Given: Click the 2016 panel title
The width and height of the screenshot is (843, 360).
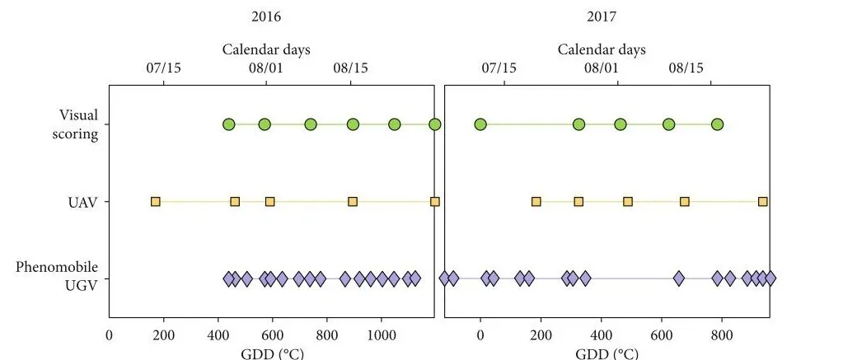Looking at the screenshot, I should [266, 16].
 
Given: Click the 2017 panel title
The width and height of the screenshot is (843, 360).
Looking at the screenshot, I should [602, 16].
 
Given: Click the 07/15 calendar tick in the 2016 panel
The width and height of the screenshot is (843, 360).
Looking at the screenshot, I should [163, 68].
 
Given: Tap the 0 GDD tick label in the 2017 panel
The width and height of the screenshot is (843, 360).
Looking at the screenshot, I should [480, 336].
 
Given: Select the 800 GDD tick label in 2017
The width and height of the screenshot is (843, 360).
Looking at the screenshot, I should [722, 336].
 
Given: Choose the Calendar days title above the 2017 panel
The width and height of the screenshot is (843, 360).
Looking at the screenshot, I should [602, 49].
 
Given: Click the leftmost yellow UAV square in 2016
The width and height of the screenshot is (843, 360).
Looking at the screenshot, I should [155, 201].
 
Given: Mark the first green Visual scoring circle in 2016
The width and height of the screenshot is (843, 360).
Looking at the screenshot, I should [228, 124].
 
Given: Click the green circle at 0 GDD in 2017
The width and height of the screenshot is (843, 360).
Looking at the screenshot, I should [480, 124].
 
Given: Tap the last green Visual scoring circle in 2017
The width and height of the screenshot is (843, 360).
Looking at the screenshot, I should [717, 124].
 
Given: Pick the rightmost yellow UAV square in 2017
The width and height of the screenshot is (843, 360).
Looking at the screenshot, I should [763, 201].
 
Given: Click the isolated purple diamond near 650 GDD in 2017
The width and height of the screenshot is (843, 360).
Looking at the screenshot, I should [679, 278].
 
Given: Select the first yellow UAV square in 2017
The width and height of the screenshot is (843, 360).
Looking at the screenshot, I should [536, 201].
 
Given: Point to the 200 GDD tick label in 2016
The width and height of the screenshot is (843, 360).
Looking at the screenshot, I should [163, 336].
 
